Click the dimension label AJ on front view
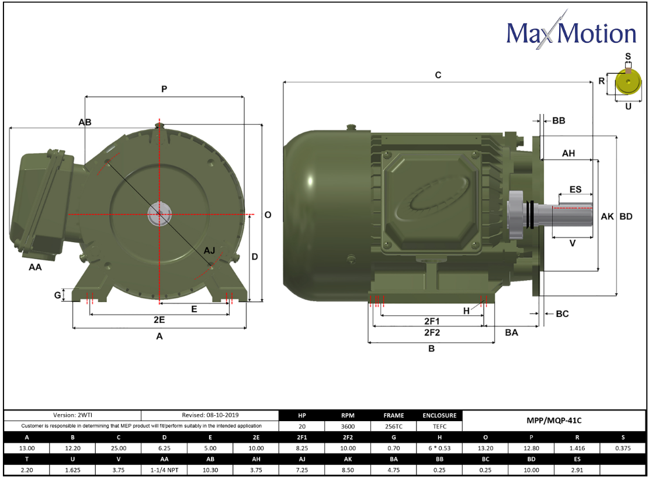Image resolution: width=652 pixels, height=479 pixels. [209, 250]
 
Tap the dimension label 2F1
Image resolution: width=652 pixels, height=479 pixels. [432, 321]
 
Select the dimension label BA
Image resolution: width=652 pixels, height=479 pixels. [512, 332]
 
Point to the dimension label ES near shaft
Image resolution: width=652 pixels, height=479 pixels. [575, 189]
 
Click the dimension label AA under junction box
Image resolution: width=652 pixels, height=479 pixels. [35, 267]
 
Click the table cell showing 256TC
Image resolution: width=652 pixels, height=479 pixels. [394, 426]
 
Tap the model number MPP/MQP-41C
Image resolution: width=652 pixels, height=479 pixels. [555, 421]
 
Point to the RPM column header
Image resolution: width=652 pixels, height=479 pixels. [348, 415]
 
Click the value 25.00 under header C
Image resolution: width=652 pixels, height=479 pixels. [119, 448]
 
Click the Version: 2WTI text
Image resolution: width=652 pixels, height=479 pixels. [73, 415]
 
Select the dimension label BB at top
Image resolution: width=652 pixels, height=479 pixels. [559, 120]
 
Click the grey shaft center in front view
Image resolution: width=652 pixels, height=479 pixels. [159, 214]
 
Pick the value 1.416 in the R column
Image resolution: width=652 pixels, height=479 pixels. [577, 448]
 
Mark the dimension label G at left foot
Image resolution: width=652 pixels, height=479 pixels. [57, 295]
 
